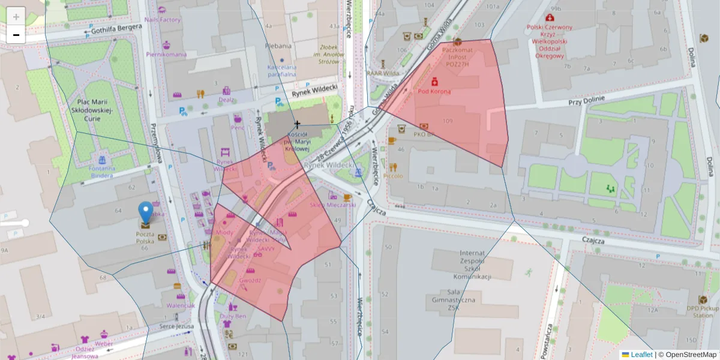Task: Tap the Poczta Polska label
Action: coord(145,237)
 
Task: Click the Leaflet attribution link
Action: coord(641,355)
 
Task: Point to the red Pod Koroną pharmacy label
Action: coord(434,91)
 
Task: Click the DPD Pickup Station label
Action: coord(703,311)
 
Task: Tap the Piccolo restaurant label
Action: coord(393,176)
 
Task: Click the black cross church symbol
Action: coord(296,124)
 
